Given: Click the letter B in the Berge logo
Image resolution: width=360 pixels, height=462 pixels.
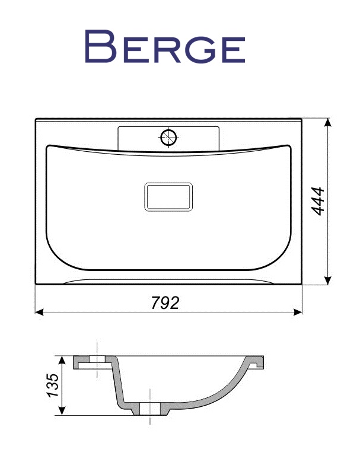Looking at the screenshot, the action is click(100, 46).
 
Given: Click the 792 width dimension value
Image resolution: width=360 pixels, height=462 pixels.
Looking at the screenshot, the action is click(165, 302).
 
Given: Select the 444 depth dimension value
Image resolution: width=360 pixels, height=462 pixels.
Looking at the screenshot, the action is click(318, 201).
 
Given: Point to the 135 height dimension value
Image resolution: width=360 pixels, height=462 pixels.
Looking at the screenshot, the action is click(53, 385).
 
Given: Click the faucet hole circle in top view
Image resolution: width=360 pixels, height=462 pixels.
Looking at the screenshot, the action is click(168, 138).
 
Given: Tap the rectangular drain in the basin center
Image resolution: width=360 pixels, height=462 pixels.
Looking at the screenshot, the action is click(168, 197).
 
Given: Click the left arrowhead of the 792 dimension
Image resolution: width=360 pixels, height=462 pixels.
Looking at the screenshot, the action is click(39, 312).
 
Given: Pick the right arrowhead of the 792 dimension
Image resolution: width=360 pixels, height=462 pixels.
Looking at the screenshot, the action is click(298, 312).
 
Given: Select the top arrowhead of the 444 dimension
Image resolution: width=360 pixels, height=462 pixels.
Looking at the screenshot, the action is click(327, 122).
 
